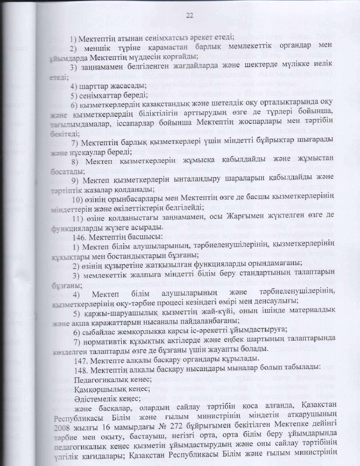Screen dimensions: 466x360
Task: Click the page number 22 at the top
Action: (189, 16)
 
